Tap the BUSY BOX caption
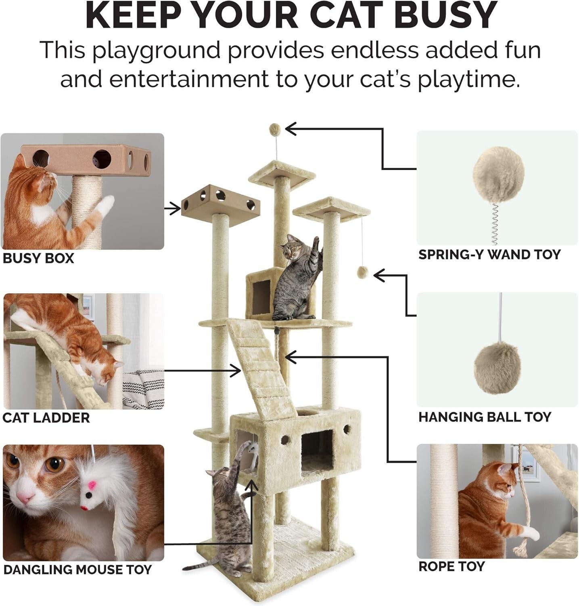[x=38, y=258]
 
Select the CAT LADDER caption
[x=46, y=417]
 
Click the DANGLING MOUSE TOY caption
[x=77, y=570]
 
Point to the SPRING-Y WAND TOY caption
[x=489, y=255]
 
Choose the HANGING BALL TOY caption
[x=485, y=417]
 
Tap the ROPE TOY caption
[x=451, y=566]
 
